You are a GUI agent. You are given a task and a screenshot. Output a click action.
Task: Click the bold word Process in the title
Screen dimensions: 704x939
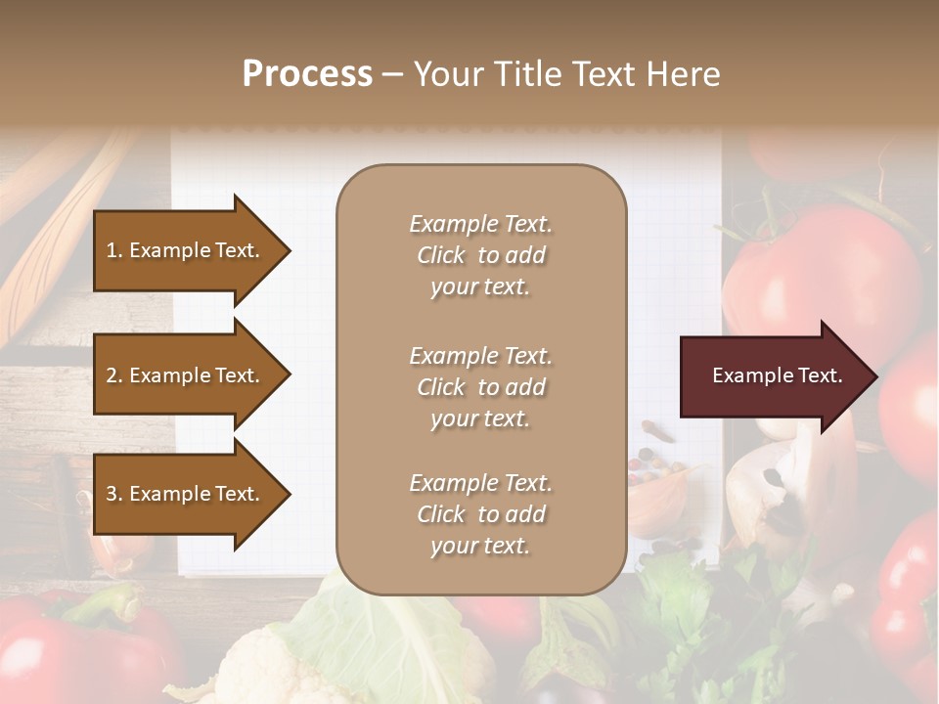307,74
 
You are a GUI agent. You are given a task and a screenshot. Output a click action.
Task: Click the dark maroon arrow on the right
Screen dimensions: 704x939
773,376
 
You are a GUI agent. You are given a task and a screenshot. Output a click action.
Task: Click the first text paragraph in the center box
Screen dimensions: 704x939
480,255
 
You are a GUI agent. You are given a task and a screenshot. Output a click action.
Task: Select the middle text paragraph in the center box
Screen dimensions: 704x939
480,387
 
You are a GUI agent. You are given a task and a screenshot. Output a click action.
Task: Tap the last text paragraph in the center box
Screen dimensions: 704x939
480,514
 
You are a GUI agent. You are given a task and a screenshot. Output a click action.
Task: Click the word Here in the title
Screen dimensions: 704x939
684,74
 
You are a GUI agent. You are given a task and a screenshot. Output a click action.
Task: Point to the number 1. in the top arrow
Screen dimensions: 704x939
114,250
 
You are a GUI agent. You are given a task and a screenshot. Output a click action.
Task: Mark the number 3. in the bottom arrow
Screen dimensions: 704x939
114,495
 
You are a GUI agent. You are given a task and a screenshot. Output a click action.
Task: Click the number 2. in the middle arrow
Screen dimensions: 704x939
114,375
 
